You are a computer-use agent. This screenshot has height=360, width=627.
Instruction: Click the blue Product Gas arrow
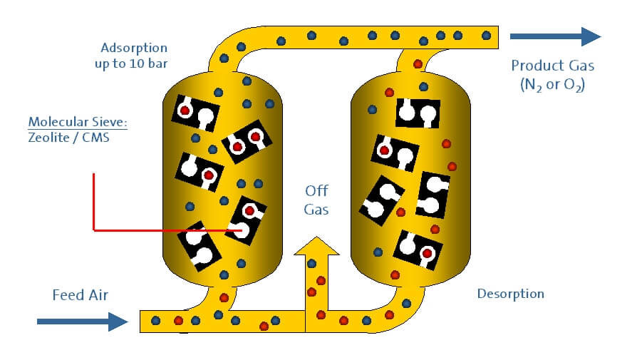click(x=556, y=36)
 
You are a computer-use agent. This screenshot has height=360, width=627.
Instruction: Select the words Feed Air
click(x=81, y=294)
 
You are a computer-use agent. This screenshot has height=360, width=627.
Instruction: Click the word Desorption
click(x=510, y=294)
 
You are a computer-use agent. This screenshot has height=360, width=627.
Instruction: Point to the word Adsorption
click(x=134, y=48)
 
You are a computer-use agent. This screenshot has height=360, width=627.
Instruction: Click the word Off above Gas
click(x=317, y=191)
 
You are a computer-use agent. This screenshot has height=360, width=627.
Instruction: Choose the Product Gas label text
click(x=552, y=66)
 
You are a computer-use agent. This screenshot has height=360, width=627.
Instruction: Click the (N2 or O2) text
click(x=552, y=83)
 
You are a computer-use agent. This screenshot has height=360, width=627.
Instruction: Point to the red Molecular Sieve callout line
click(x=94, y=207)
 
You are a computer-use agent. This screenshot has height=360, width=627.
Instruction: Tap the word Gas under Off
click(x=317, y=210)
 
